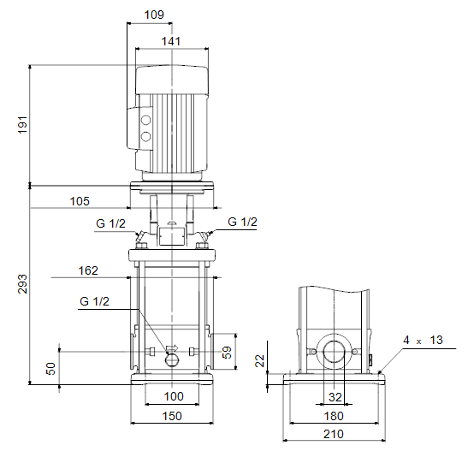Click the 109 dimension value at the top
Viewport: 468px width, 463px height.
point(154,15)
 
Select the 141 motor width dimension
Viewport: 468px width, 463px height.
point(171,41)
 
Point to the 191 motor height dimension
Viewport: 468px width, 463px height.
point(22,125)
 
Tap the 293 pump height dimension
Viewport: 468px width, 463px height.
point(22,284)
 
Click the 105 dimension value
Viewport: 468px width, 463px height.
point(80,201)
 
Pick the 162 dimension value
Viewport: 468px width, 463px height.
point(88,270)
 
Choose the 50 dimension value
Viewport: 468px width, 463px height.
point(50,369)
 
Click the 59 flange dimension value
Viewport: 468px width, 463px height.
point(227,353)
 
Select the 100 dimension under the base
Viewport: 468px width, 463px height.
point(174,396)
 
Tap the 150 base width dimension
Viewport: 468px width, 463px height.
point(172,416)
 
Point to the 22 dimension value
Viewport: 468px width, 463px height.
point(260,360)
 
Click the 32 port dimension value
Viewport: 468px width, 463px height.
point(335,397)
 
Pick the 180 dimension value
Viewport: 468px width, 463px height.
point(334,416)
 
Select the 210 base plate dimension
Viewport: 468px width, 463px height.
point(334,434)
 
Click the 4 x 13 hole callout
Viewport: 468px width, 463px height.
point(423,340)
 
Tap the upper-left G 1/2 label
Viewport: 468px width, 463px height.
point(110,223)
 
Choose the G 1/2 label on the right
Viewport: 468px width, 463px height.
point(242,222)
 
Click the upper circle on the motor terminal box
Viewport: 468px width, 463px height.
point(146,121)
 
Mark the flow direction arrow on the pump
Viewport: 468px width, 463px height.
point(172,348)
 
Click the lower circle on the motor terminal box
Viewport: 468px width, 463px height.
point(146,137)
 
